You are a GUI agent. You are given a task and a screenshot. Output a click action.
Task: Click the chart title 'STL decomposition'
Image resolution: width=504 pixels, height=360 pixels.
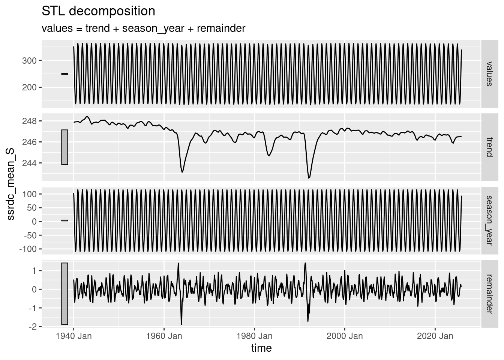click(98, 11)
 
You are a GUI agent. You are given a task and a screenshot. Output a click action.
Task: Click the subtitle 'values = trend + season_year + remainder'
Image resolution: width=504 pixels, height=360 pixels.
click(143, 28)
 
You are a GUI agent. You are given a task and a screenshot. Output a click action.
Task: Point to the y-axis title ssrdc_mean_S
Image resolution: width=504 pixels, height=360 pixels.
click(10, 183)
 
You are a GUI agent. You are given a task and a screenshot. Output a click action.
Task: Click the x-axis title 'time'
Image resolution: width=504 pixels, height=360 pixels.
click(261, 348)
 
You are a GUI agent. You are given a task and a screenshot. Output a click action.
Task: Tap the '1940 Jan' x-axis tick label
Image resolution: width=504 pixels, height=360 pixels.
click(73, 336)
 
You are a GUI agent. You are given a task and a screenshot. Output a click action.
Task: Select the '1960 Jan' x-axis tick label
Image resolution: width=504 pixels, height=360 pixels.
click(164, 336)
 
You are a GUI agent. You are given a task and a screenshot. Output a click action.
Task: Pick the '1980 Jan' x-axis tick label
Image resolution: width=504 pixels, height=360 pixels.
click(254, 336)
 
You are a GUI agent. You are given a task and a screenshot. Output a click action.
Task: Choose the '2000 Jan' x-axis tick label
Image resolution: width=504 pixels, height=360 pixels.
click(345, 336)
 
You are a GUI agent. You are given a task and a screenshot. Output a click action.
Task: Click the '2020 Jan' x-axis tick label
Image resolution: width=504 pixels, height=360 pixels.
click(435, 336)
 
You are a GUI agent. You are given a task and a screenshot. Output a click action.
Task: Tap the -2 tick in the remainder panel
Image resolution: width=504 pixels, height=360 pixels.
click(33, 327)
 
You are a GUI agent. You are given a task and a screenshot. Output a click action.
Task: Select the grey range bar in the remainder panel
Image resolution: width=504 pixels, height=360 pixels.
click(64, 294)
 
